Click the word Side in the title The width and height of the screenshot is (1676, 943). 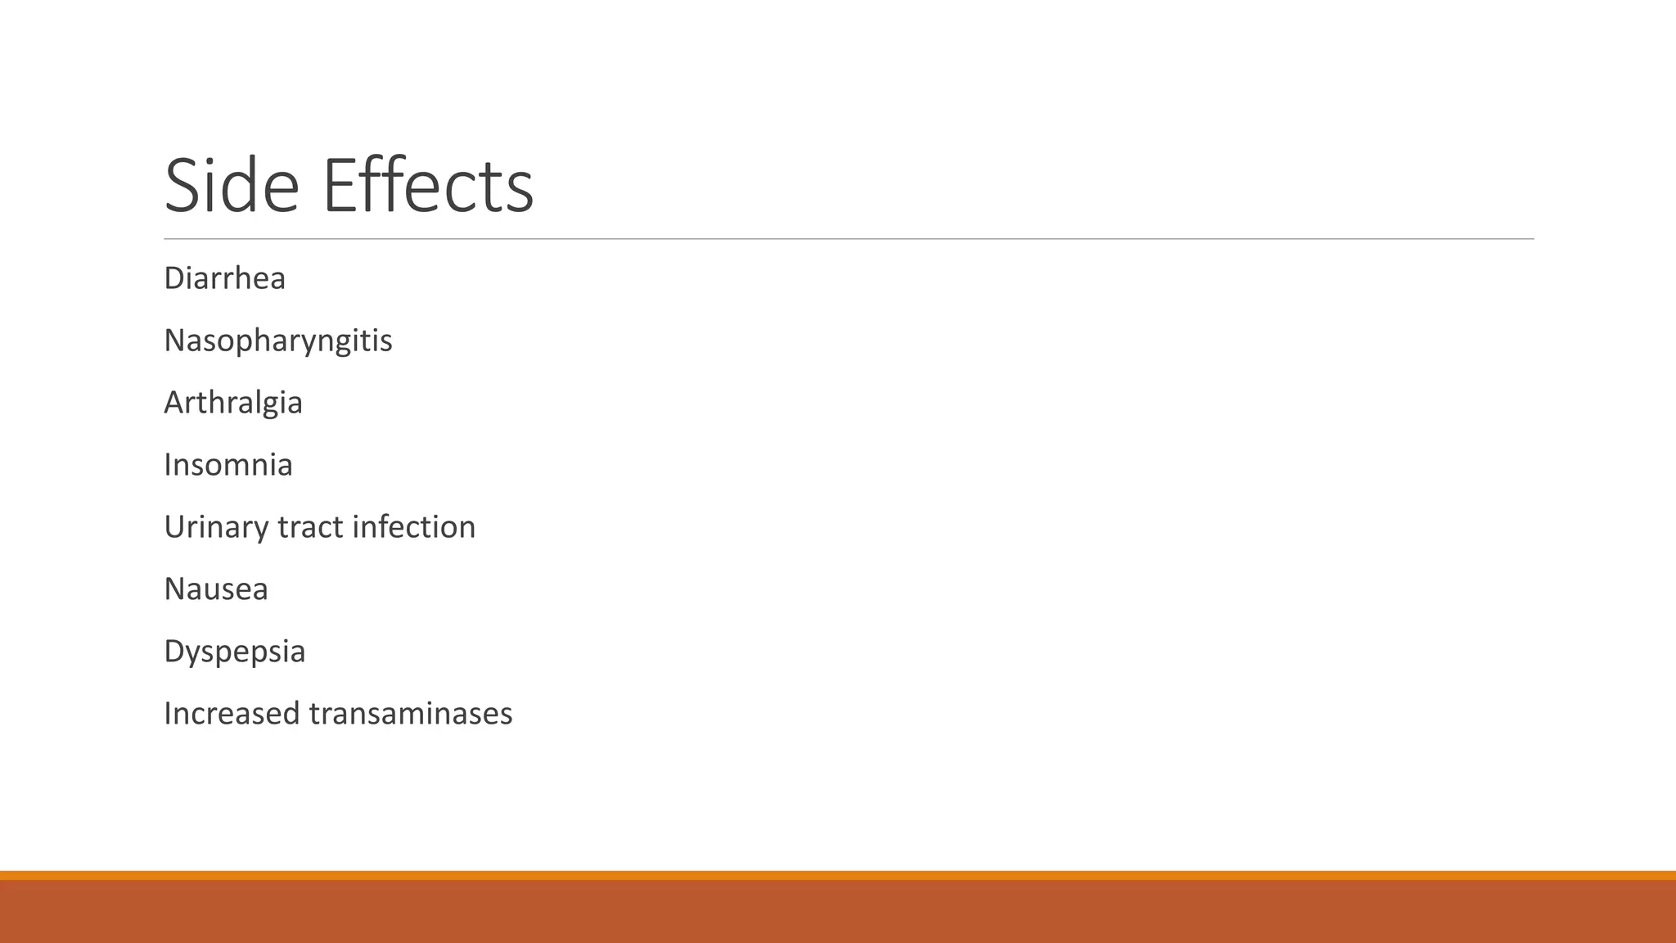pyautogui.click(x=232, y=186)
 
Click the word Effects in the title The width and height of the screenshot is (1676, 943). pyautogui.click(x=428, y=186)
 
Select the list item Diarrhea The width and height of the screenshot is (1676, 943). pyautogui.click(x=224, y=278)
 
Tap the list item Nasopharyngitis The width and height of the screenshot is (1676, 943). pyautogui.click(x=278, y=341)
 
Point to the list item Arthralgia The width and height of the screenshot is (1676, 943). pyautogui.click(x=233, y=403)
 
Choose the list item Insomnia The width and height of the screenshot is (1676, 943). pyautogui.click(x=228, y=465)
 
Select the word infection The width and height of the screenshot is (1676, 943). pyautogui.click(x=413, y=527)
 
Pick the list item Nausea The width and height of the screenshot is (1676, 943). pyautogui.click(x=216, y=589)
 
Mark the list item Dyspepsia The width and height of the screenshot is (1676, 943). pyautogui.click(x=235, y=652)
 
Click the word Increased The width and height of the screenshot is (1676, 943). pyautogui.click(x=232, y=714)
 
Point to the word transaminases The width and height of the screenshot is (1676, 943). pyautogui.click(x=411, y=714)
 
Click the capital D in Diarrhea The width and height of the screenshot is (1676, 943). pyautogui.click(x=175, y=278)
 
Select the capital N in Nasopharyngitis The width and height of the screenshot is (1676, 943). pyautogui.click(x=176, y=341)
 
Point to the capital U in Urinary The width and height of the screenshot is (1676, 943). pyautogui.click(x=176, y=527)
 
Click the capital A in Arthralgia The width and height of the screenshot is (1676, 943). pyautogui.click(x=175, y=403)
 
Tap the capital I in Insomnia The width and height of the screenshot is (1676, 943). pyautogui.click(x=168, y=465)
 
